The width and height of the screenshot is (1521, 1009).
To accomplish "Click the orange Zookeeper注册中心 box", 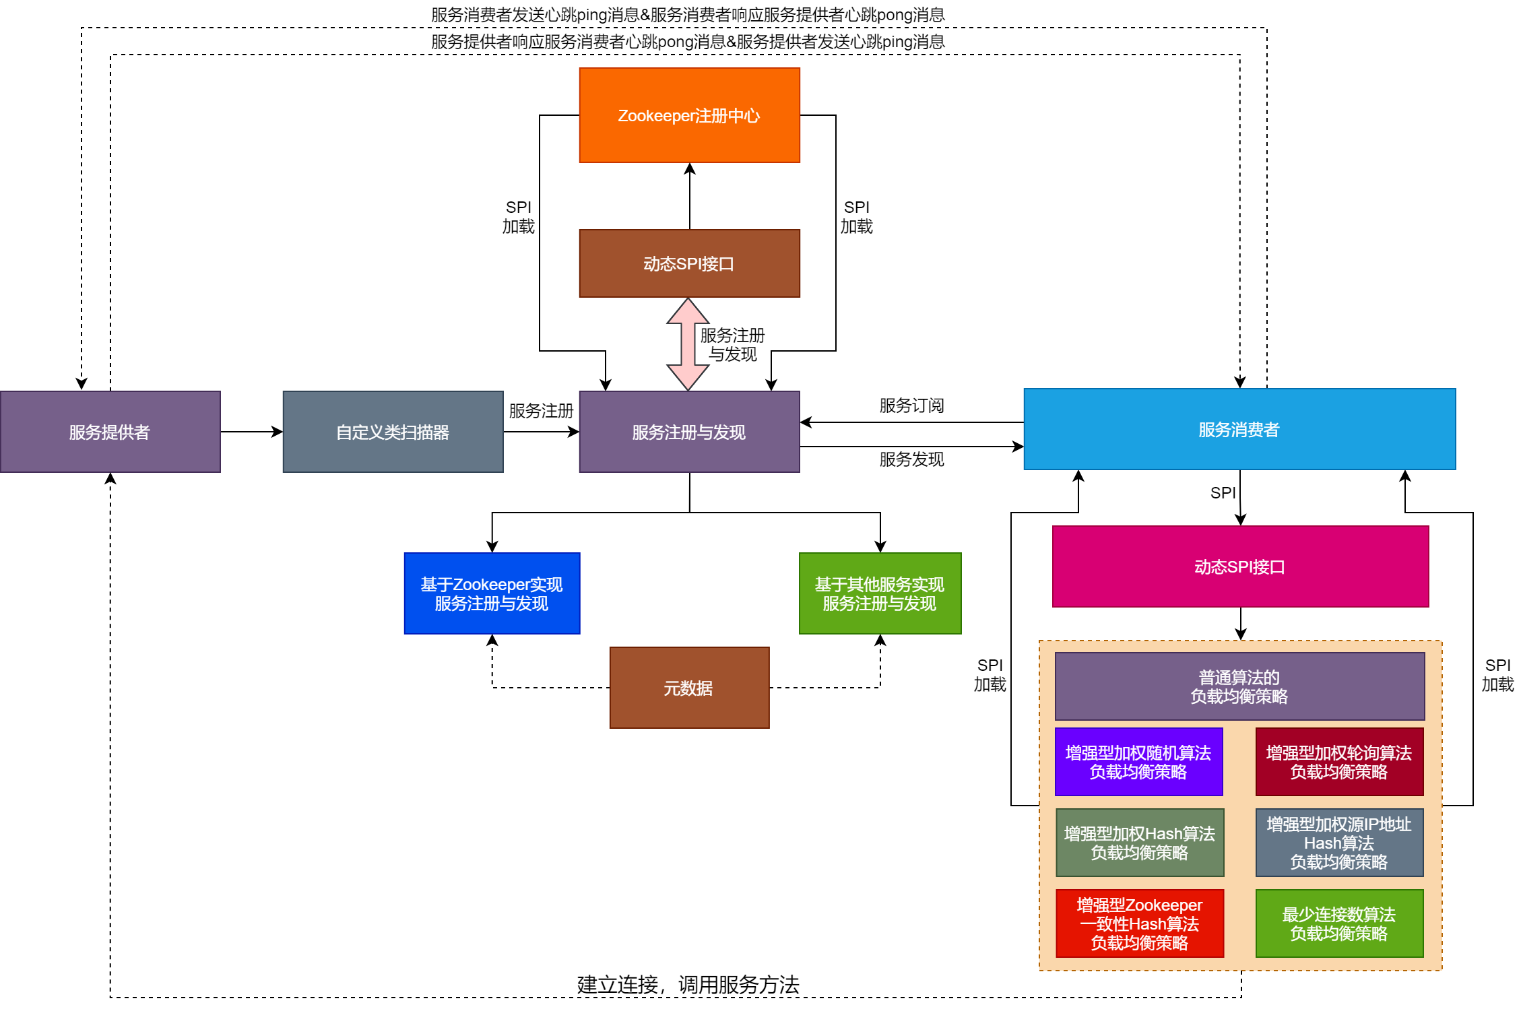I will [x=689, y=115].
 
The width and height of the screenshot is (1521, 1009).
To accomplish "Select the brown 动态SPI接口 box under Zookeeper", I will [x=689, y=263].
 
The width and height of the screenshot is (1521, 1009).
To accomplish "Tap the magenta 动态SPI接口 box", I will [x=1239, y=566].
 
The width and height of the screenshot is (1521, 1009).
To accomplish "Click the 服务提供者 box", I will [x=110, y=432].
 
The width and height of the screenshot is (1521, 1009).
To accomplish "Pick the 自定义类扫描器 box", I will [x=393, y=432].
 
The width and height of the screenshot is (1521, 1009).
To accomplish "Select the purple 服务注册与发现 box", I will [x=689, y=432].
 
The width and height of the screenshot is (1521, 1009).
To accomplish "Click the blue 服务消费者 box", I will [x=1239, y=429].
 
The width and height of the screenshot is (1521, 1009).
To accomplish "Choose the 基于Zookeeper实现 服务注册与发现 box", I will [x=492, y=593].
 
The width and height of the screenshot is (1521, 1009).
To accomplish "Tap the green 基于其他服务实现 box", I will [x=880, y=593].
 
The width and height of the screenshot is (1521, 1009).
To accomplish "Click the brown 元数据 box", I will [x=689, y=688].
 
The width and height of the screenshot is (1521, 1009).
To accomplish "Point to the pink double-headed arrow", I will [x=688, y=344].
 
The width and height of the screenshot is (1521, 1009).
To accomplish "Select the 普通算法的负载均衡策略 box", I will [x=1239, y=686].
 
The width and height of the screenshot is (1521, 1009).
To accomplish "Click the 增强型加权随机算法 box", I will [x=1138, y=762].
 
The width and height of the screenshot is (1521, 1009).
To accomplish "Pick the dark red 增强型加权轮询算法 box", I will [x=1339, y=762].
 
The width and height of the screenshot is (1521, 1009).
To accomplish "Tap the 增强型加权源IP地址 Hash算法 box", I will [x=1339, y=843].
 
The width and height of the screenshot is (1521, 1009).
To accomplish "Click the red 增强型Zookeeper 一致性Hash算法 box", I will [x=1139, y=923].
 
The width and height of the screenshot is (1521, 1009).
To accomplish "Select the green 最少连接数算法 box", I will [x=1339, y=923].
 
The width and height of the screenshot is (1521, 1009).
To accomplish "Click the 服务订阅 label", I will [x=911, y=405].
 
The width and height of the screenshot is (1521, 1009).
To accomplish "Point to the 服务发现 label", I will [x=911, y=459].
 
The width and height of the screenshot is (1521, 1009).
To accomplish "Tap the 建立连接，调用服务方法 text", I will [x=688, y=985].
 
